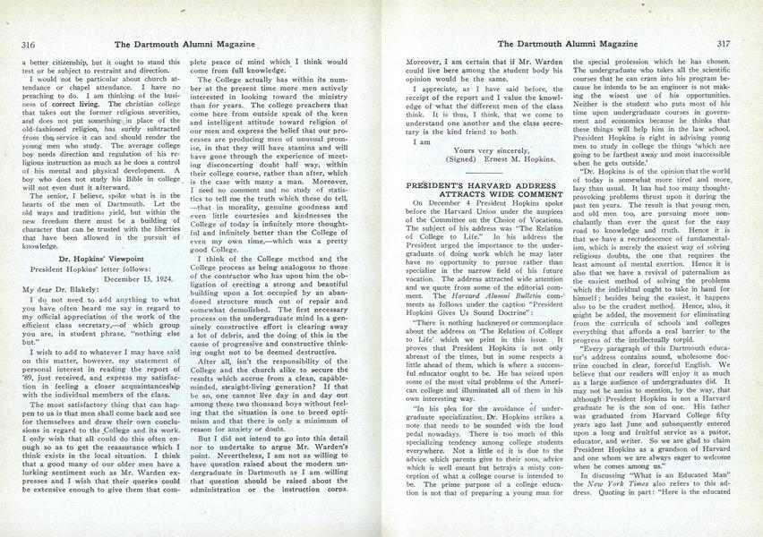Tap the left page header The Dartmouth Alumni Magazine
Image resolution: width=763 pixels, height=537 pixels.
pos(180,42)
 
